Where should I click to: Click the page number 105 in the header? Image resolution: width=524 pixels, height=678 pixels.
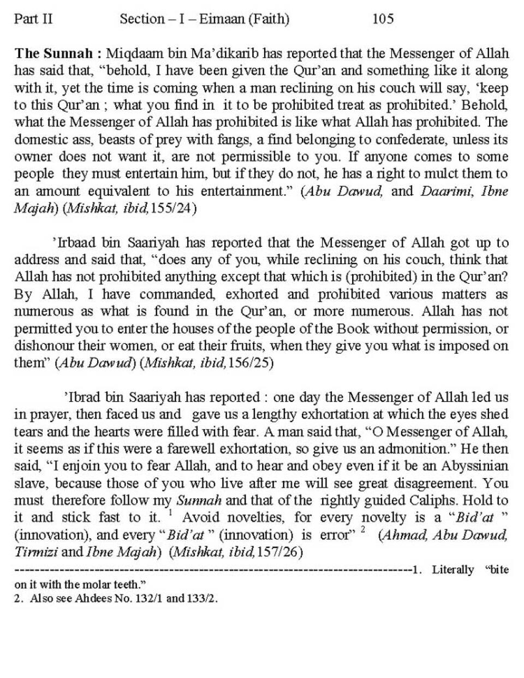click(x=383, y=19)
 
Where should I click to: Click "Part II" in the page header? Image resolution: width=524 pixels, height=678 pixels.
click(x=33, y=19)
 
